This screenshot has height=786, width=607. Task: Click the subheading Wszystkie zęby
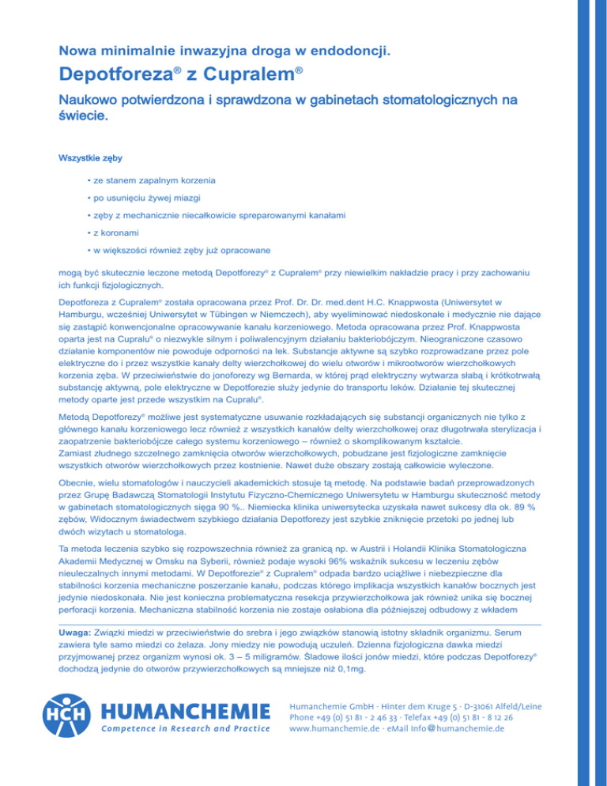(90, 157)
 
